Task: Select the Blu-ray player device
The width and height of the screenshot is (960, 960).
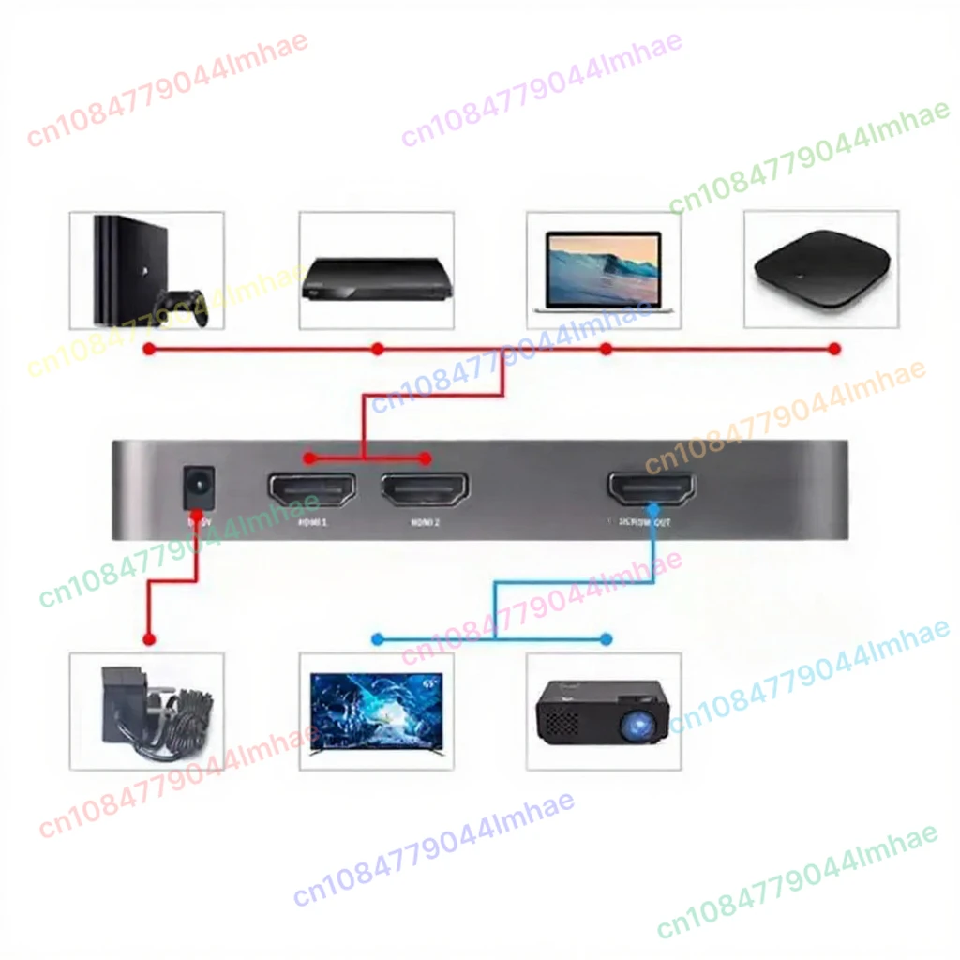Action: coord(375,278)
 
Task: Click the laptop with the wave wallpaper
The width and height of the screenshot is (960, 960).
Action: coord(604,272)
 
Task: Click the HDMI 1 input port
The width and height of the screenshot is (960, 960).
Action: coord(312,489)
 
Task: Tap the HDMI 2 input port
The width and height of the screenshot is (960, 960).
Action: coord(426,489)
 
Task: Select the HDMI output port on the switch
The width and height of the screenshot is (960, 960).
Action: coord(652,489)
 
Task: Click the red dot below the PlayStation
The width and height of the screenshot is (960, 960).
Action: coord(147,349)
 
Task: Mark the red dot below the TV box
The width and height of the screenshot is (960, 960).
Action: coord(834,349)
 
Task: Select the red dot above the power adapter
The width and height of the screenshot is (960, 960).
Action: coord(147,639)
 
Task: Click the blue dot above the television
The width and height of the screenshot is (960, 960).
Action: coord(377,639)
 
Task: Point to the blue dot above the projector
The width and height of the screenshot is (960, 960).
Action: coord(606,639)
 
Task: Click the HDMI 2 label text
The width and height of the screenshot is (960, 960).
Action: coord(425,523)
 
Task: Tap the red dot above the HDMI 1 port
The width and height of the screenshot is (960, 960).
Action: coord(308,458)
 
